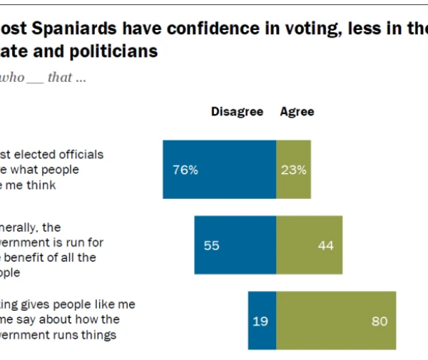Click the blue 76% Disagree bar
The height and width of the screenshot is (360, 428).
pos(219,169)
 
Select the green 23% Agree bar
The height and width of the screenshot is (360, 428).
pos(294,169)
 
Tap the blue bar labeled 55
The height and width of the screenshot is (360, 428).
pos(235,245)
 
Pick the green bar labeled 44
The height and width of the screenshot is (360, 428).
pos(309,245)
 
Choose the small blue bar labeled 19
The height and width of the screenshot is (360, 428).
pos(262,321)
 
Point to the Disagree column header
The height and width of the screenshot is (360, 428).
pos(237,112)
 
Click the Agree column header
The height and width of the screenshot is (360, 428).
pos(297,112)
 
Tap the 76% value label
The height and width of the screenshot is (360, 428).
pos(185,170)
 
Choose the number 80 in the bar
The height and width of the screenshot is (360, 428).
pos(379,322)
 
